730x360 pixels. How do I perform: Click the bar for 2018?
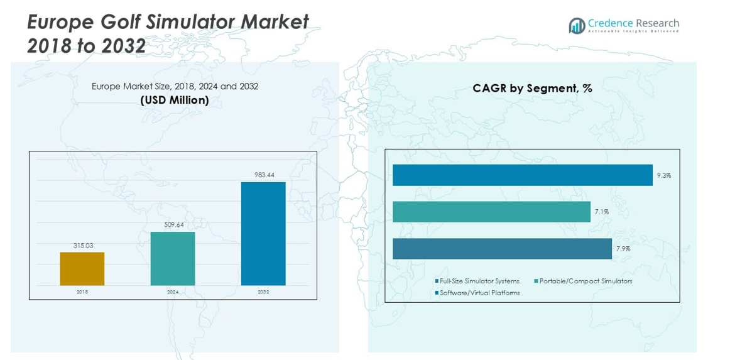pos(82,269)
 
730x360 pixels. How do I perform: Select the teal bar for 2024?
pos(173,258)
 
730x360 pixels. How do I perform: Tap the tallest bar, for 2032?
pos(263,234)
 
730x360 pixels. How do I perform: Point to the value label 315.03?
pos(82,246)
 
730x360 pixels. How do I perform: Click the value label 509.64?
pos(173,225)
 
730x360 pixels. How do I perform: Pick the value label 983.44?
pos(263,175)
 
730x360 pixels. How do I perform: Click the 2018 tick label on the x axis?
pos(82,292)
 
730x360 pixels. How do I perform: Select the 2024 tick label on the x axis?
pos(173,292)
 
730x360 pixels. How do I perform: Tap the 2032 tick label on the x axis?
pos(263,292)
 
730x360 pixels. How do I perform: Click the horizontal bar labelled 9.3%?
pos(522,175)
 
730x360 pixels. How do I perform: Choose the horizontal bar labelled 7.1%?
pos(491,212)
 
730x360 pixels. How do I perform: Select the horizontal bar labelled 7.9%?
pos(502,249)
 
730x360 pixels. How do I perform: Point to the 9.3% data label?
pos(663,175)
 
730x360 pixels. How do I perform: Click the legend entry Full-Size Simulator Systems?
pos(479,281)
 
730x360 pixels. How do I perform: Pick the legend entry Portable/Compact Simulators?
pos(585,281)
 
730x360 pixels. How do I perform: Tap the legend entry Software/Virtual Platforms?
pos(479,293)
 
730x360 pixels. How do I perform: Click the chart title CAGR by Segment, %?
pos(532,89)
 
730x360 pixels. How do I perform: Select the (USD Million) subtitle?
pos(175,101)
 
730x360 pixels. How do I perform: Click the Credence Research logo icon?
pos(577,26)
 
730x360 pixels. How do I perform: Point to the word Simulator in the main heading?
pos(207,22)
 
